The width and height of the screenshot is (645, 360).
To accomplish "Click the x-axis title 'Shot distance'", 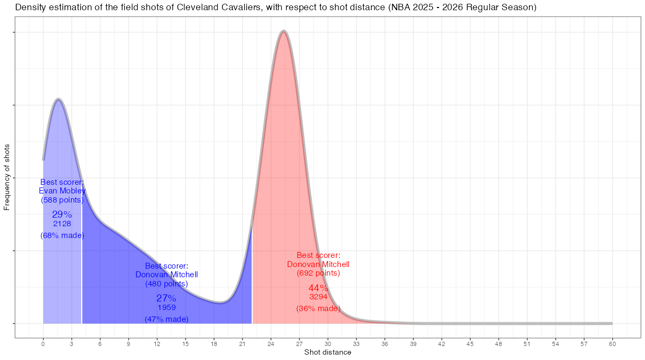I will pyautogui.click(x=327, y=352).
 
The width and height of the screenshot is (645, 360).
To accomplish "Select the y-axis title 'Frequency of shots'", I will pyautogui.click(x=7, y=177).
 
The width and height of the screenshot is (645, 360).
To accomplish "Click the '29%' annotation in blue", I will pyautogui.click(x=62, y=214).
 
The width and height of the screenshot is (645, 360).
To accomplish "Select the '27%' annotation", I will pyautogui.click(x=166, y=298).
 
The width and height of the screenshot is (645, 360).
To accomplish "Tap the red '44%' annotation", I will pyautogui.click(x=318, y=288).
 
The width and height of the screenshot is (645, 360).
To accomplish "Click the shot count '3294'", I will pyautogui.click(x=318, y=297).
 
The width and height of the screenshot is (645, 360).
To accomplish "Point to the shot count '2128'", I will pyautogui.click(x=62, y=224).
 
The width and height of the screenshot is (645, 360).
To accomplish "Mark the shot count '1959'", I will pyautogui.click(x=166, y=308).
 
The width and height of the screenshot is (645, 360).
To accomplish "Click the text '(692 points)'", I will pyautogui.click(x=318, y=273).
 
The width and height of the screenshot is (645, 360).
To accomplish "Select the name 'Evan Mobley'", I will pyautogui.click(x=62, y=191).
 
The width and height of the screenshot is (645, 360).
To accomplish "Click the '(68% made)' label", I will pyautogui.click(x=62, y=235).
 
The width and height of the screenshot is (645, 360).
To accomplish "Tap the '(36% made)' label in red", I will pyautogui.click(x=318, y=308).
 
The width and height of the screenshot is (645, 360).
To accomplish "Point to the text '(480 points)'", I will pyautogui.click(x=166, y=284).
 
